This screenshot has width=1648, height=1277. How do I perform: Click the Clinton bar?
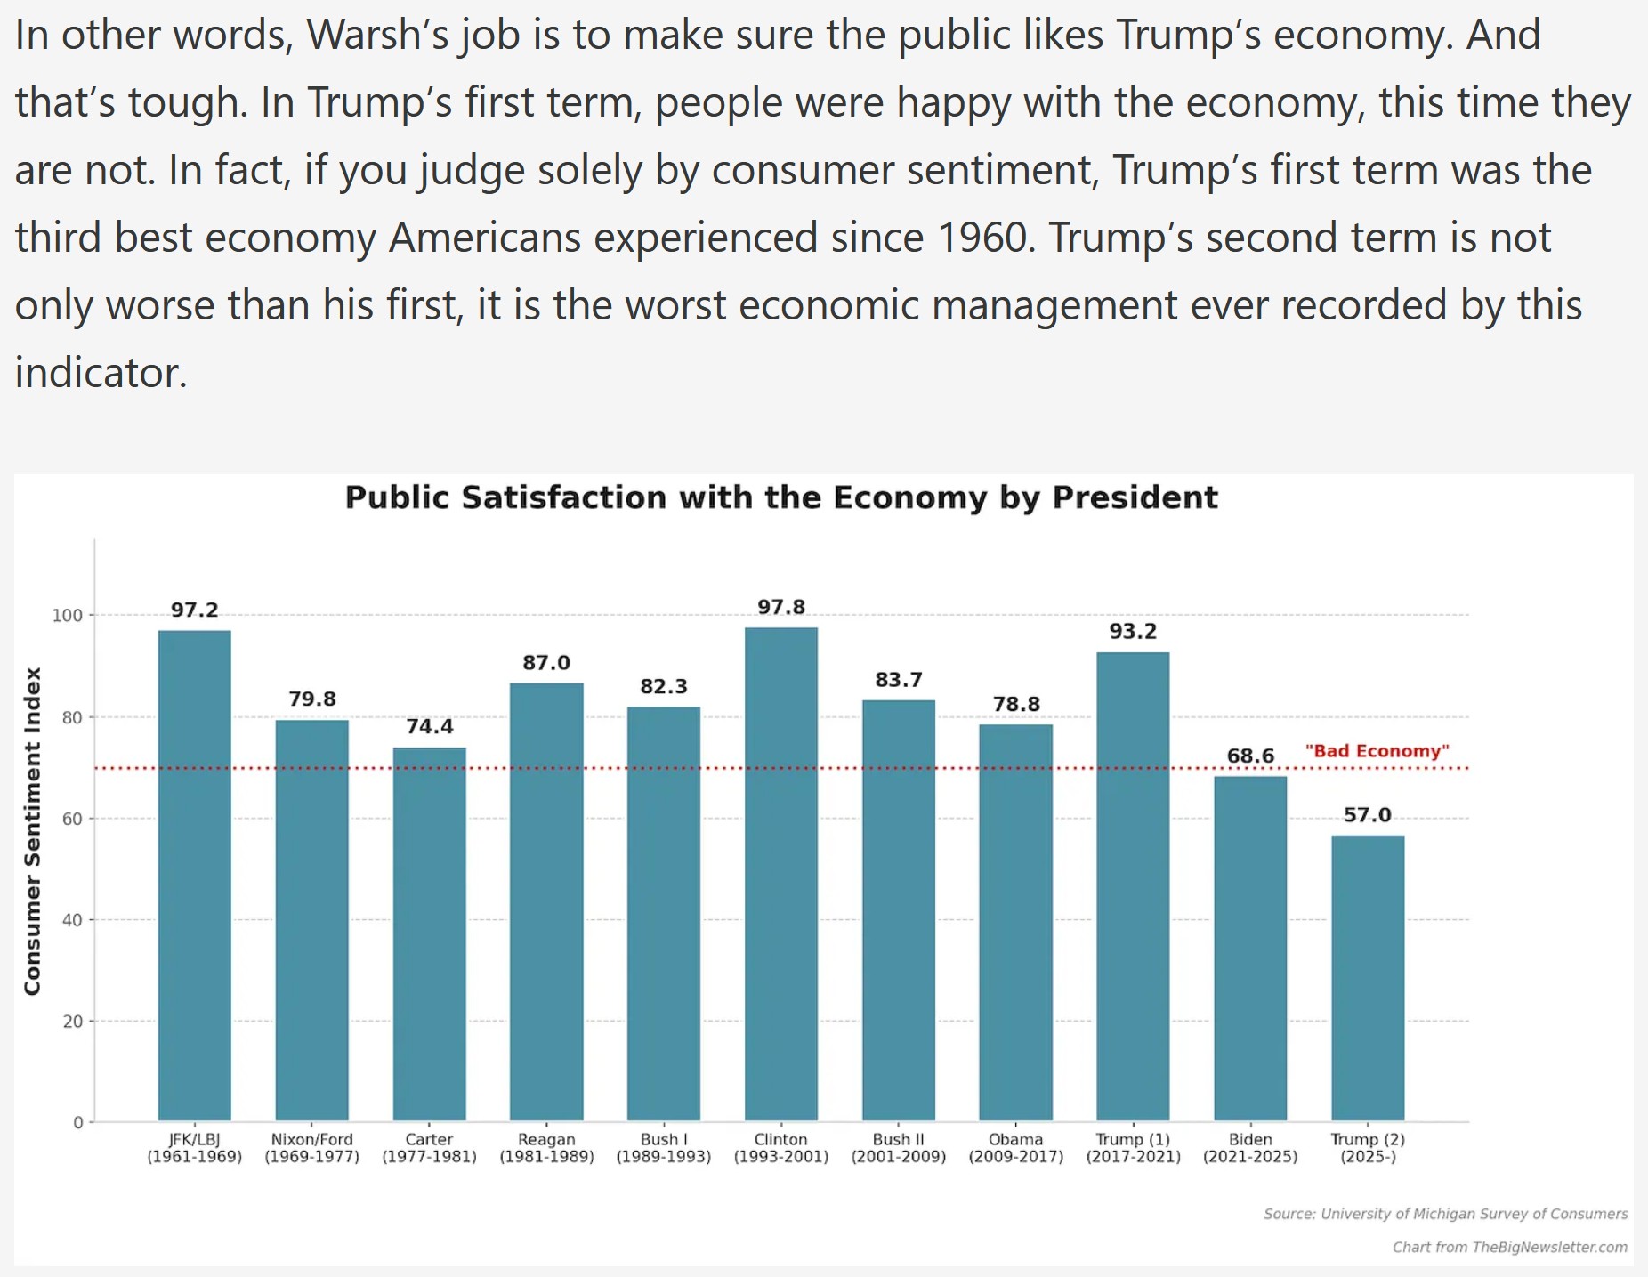780,872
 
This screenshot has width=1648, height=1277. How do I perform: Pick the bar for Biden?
1250,948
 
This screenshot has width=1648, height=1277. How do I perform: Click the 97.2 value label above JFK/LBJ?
194,610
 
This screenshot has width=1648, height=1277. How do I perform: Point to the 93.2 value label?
1133,631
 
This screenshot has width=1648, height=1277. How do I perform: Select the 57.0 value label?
1368,815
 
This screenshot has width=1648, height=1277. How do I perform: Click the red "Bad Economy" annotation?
1377,751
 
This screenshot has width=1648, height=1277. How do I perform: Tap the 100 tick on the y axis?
67,615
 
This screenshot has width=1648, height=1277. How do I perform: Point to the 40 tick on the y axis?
72,920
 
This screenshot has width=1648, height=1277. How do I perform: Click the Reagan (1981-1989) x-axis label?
546,1148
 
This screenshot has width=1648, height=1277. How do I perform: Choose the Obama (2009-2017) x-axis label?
1015,1148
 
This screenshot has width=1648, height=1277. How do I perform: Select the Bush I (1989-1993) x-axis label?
664,1148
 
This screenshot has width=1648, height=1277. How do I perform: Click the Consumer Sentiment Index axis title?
33,831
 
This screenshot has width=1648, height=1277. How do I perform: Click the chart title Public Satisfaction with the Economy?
780,497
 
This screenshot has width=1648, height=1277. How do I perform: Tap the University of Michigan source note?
1445,1214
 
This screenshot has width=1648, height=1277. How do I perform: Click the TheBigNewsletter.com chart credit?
1509,1247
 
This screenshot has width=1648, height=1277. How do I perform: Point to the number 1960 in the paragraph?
986,238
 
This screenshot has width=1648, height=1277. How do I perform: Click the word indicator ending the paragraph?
100,373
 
